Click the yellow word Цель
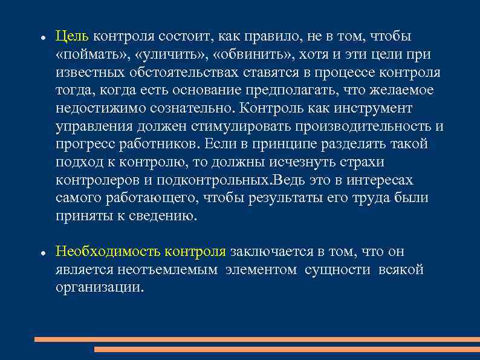pyautogui.click(x=73, y=37)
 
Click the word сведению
pyautogui.click(x=163, y=217)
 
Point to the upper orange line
pyautogui.click(x=257, y=339)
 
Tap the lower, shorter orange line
pyautogui.click(x=287, y=349)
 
